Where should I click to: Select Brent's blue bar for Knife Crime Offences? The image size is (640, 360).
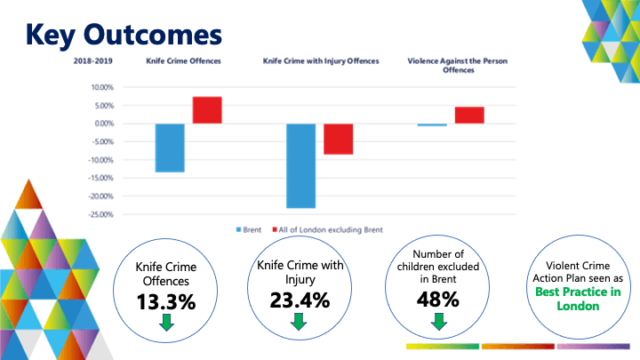pos(170,148)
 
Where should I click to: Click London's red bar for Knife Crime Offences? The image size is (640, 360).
pos(207,109)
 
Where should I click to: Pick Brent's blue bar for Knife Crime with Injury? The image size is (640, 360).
pos(300,165)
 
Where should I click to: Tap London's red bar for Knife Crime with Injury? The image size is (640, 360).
pos(338,139)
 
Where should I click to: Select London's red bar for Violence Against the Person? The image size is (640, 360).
pos(469,115)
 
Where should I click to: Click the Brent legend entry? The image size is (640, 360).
pos(249,229)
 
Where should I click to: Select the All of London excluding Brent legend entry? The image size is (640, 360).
pos(331,229)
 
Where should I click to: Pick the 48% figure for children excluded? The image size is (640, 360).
pos(437,300)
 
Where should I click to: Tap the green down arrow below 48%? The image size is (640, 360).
pos(437,321)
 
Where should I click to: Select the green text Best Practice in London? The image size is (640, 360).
pos(575,299)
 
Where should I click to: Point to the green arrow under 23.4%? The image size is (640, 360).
pos(300,321)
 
